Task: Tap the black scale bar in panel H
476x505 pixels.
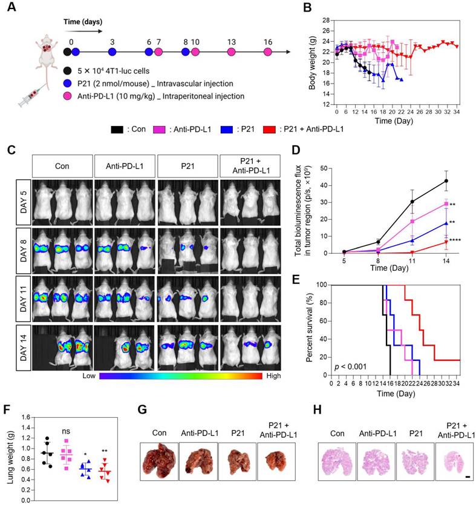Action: click(468, 478)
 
